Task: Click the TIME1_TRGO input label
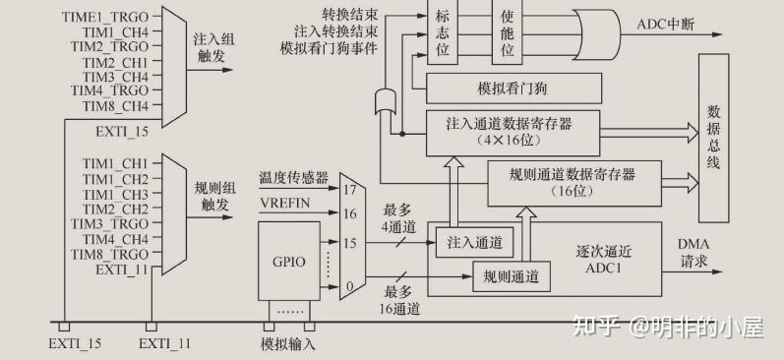click(x=105, y=17)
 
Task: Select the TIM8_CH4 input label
click(x=115, y=106)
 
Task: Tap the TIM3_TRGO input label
click(x=109, y=223)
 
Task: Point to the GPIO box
click(x=289, y=261)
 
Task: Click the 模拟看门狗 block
click(x=513, y=89)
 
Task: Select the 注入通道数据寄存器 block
click(x=513, y=133)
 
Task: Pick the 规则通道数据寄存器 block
click(x=574, y=183)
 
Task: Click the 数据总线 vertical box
click(x=713, y=138)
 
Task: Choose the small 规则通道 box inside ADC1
click(x=512, y=276)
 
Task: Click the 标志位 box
click(x=443, y=32)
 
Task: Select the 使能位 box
click(x=507, y=32)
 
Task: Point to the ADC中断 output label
click(x=666, y=24)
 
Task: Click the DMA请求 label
click(x=694, y=253)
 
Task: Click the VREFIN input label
click(x=284, y=204)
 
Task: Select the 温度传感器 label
click(x=293, y=178)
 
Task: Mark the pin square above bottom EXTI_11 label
click(x=151, y=327)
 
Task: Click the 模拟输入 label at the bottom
click(x=288, y=344)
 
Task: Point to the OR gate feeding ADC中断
click(x=596, y=34)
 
